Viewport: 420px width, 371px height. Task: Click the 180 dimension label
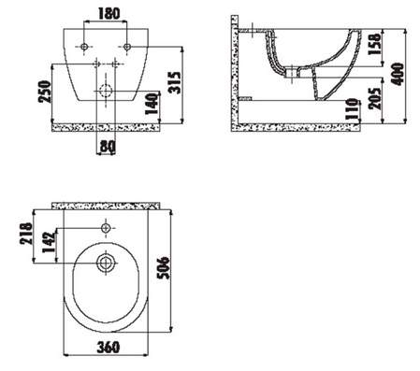pos(109,13)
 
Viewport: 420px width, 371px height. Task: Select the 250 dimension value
pos(44,92)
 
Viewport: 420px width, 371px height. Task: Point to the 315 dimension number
pos(174,82)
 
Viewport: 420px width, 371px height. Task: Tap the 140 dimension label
pos(152,104)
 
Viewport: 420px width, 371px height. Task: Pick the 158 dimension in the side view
pos(375,44)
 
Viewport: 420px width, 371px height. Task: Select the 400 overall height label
pos(398,74)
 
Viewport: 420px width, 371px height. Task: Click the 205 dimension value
pos(375,98)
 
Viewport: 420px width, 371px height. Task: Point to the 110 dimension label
pos(353,109)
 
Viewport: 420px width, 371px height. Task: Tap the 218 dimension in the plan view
pos(26,234)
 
